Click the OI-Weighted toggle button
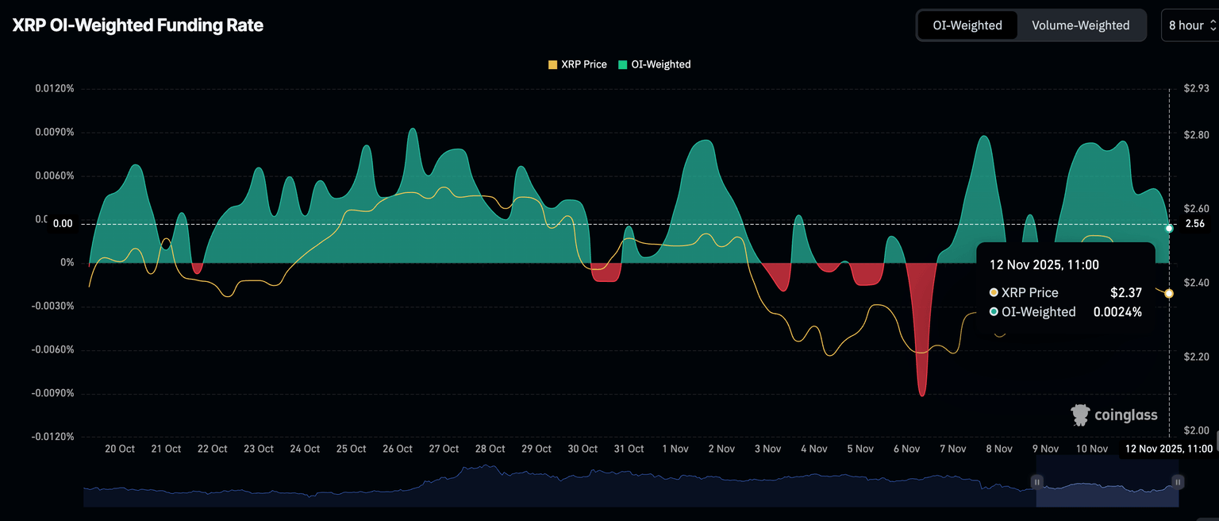pyautogui.click(x=967, y=25)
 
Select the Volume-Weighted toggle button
pyautogui.click(x=1080, y=25)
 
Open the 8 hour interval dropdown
pyautogui.click(x=1190, y=25)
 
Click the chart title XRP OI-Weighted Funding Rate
pyautogui.click(x=137, y=25)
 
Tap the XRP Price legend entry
pyautogui.click(x=578, y=64)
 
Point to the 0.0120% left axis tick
pyautogui.click(x=55, y=88)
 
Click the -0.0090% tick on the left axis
pyautogui.click(x=53, y=393)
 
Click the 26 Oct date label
pyautogui.click(x=398, y=449)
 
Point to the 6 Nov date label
pyautogui.click(x=906, y=449)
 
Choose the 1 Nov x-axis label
pyautogui.click(x=675, y=449)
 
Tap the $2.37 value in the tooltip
pyautogui.click(x=1125, y=292)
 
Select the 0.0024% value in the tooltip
pyautogui.click(x=1117, y=312)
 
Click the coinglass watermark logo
pyautogui.click(x=1114, y=415)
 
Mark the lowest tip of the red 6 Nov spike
pyautogui.click(x=921, y=396)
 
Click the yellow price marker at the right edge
pyautogui.click(x=1169, y=294)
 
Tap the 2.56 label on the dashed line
pyautogui.click(x=1195, y=224)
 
